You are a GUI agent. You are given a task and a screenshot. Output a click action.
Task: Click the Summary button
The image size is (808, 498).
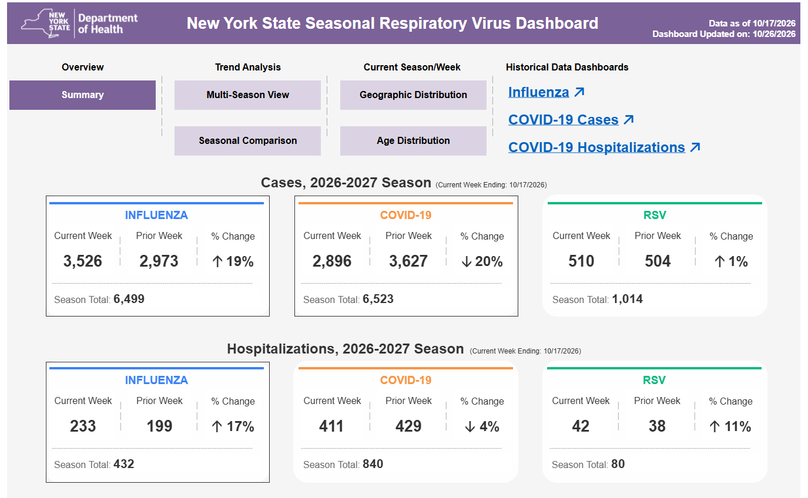point(82,95)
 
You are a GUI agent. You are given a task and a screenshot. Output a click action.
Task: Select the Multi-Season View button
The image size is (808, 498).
point(247,95)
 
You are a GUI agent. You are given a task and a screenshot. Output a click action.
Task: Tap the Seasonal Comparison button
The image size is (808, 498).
point(247,140)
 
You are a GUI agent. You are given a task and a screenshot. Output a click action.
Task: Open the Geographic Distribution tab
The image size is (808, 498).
point(413,95)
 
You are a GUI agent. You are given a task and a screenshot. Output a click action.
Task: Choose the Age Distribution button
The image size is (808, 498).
point(413,140)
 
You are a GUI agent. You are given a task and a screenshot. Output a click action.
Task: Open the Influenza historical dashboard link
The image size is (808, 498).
point(546,92)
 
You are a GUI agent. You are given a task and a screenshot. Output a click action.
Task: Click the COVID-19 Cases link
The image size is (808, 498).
point(571,120)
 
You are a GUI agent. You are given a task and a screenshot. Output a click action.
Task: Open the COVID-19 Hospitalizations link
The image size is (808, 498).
point(604,147)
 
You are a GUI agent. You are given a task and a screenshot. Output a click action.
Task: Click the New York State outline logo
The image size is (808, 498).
point(45,23)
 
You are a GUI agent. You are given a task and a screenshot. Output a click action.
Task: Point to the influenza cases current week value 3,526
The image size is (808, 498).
point(83,261)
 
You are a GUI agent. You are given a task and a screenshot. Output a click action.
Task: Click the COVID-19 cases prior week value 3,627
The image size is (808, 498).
point(408,261)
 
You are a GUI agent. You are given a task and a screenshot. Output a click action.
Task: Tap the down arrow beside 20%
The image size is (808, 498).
point(467,261)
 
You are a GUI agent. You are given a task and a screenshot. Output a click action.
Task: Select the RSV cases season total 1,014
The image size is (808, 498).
point(627,299)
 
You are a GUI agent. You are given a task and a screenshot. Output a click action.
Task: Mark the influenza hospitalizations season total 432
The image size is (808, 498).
point(124,464)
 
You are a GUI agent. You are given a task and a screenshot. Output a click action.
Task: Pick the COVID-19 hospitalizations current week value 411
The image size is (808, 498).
point(331,426)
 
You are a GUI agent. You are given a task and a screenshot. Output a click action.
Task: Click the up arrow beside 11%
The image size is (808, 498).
point(714,426)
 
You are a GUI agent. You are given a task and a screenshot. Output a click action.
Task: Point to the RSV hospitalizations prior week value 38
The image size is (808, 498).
point(657,426)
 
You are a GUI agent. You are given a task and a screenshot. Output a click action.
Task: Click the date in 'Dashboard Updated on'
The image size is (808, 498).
point(774,34)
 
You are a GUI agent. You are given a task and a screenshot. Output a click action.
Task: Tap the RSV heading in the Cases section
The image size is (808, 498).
point(655,215)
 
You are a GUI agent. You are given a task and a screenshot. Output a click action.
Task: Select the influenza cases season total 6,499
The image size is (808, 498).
point(129,299)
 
